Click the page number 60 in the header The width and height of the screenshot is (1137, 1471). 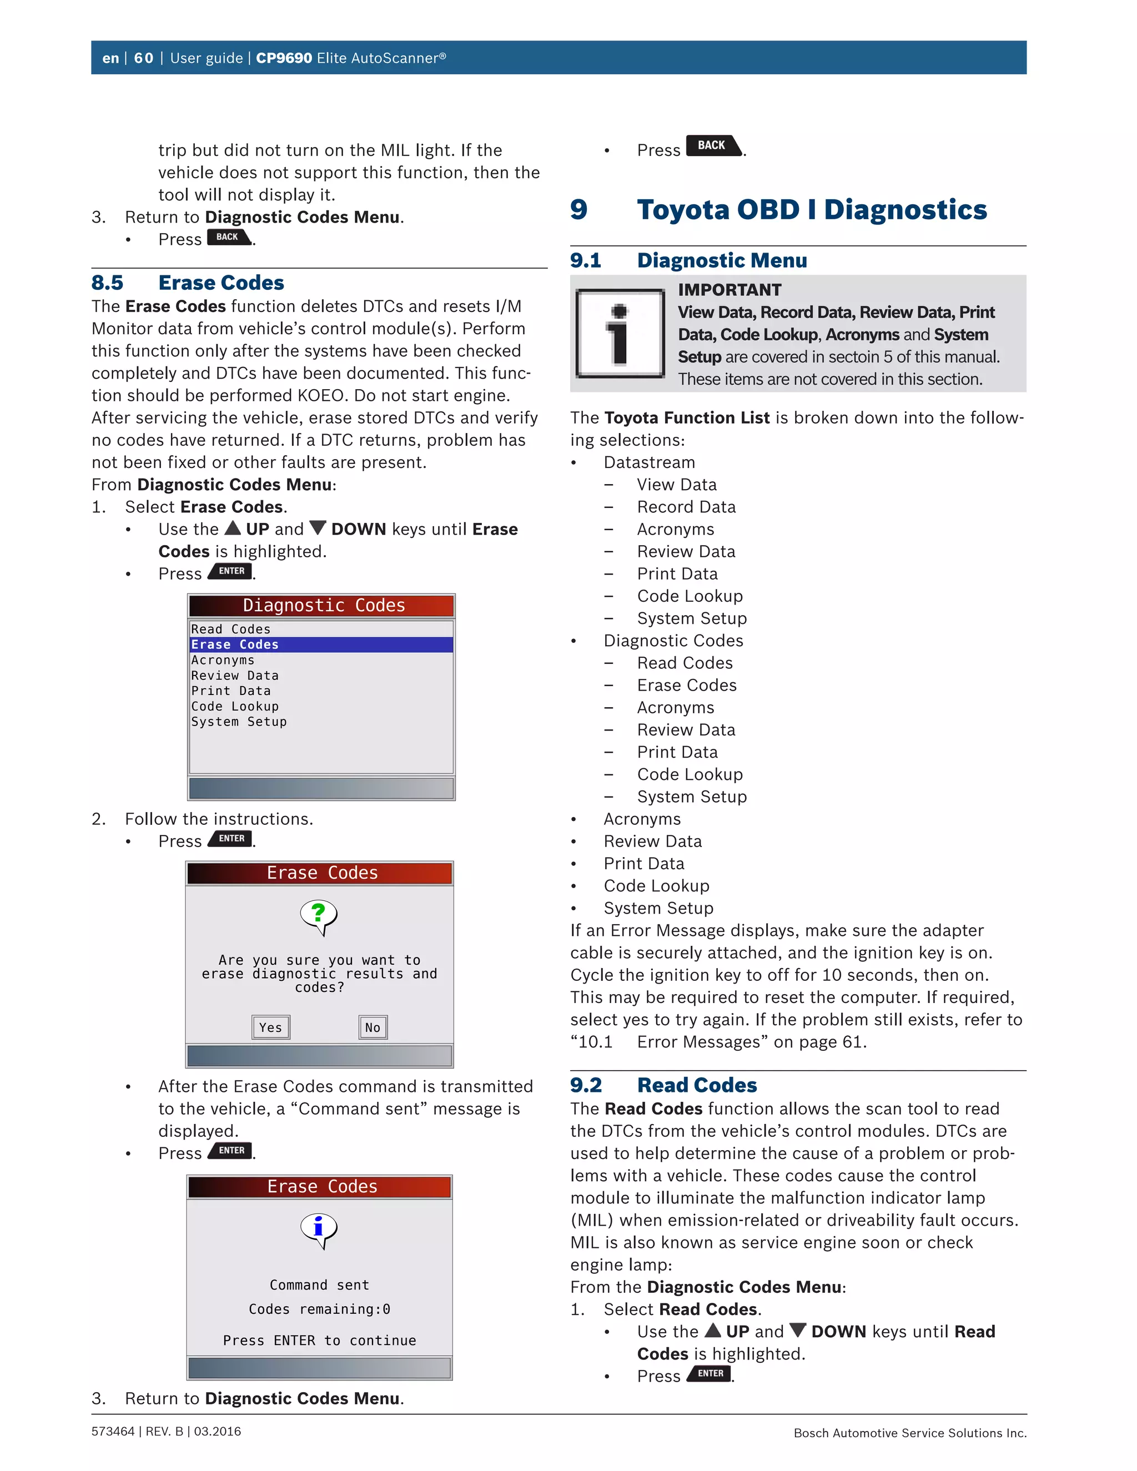(x=143, y=58)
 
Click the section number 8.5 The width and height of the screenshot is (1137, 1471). (x=108, y=283)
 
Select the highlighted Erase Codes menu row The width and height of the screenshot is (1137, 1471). (x=321, y=644)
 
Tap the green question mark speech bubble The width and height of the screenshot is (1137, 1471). (x=319, y=916)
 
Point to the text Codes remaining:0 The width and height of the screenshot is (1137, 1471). (x=319, y=1309)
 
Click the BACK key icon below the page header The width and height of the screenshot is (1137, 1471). (x=713, y=146)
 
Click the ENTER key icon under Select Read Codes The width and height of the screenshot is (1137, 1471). (x=710, y=1373)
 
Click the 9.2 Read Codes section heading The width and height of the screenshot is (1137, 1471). (x=697, y=1085)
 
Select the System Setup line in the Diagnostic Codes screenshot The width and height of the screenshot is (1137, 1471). (x=239, y=722)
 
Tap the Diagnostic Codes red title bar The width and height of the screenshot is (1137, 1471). (x=322, y=606)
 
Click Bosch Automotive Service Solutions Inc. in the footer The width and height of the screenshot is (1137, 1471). (x=909, y=1433)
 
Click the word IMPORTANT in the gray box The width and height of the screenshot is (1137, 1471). (x=730, y=290)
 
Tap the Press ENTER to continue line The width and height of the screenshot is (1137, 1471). (x=319, y=1341)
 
